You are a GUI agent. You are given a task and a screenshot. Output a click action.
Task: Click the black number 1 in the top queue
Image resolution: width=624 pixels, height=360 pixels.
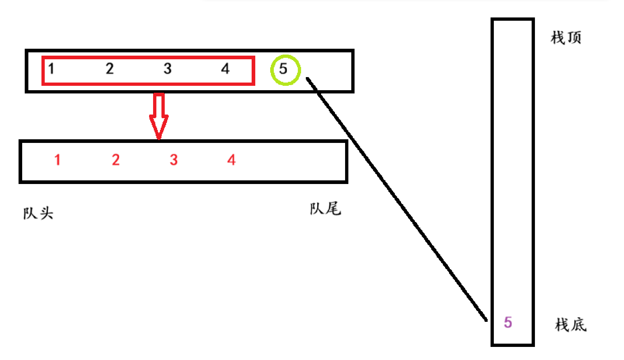point(51,68)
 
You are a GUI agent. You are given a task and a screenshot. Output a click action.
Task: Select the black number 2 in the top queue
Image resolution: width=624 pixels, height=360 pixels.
point(109,68)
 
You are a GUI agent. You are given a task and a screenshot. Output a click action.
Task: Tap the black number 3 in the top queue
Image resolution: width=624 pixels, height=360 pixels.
point(167,68)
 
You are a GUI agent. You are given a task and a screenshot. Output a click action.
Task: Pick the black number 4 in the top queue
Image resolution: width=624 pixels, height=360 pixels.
point(225,68)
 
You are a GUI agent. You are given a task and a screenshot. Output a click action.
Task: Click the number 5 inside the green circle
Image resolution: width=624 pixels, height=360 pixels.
point(283,69)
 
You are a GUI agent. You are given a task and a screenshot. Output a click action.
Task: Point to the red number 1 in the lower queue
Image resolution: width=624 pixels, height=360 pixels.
point(57,160)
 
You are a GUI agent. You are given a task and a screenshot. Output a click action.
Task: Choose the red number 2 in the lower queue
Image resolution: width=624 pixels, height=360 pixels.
point(116,160)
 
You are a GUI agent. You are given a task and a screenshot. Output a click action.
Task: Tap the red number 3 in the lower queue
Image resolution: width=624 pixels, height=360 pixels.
point(173,160)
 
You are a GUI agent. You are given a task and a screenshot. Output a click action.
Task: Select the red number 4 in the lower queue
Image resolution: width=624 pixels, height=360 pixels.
point(232,160)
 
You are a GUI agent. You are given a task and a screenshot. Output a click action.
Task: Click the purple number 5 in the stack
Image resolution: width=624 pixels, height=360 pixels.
point(508,322)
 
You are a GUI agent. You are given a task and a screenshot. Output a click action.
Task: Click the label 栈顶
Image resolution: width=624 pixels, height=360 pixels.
point(566,37)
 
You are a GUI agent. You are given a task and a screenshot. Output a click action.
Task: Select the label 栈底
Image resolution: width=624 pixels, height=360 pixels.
point(571,324)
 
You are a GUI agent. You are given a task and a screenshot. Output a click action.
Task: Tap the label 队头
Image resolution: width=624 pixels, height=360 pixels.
point(38,213)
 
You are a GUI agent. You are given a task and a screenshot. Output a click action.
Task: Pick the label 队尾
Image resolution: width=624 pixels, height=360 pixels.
point(325,209)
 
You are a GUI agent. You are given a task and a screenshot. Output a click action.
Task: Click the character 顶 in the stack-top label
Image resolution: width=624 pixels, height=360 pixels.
point(574,37)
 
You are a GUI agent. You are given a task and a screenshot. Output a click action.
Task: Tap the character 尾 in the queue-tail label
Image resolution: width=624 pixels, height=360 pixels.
point(333,209)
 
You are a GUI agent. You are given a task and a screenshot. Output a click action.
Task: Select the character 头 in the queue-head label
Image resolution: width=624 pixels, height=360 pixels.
point(47,213)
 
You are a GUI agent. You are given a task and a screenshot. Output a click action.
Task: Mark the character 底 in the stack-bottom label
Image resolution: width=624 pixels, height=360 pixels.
point(579,324)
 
